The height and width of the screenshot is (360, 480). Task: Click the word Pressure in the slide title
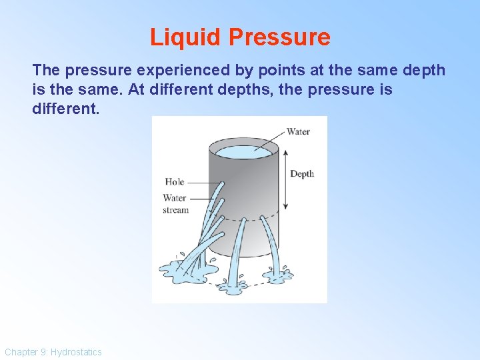(279, 37)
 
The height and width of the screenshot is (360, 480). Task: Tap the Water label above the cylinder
(298, 131)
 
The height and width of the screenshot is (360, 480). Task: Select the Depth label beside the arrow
(301, 174)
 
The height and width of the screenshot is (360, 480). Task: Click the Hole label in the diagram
(174, 181)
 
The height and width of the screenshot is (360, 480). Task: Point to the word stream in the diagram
(175, 210)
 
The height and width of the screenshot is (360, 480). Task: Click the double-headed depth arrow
(285, 179)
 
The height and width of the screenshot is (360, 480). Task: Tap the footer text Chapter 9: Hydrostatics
(53, 351)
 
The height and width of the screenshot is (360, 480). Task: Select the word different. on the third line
(65, 107)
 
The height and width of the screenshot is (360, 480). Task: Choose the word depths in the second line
(270, 89)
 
